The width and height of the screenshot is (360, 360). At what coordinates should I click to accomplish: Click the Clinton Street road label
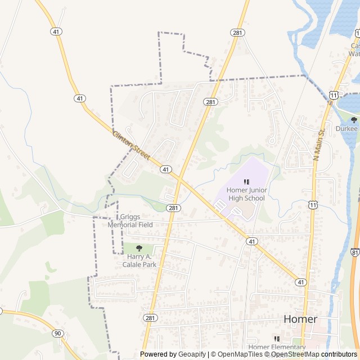(131, 145)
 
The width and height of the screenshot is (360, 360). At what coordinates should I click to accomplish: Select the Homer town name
(300, 319)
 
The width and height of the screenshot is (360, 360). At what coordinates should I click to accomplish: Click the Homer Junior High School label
(246, 194)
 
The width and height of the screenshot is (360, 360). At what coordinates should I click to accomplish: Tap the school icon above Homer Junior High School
(246, 182)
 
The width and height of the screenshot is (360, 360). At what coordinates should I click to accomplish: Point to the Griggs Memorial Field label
(130, 220)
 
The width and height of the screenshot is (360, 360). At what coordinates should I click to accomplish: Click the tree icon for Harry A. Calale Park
(139, 248)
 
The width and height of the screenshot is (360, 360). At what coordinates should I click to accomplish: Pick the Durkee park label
(346, 128)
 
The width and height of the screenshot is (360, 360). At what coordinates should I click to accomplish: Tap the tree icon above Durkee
(354, 119)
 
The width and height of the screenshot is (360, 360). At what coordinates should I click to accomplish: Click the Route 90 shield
(57, 333)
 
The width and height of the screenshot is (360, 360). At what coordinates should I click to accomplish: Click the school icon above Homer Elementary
(276, 339)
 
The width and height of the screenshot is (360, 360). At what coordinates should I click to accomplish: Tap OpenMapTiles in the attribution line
(236, 354)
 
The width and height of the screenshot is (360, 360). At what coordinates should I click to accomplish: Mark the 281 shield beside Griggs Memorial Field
(173, 208)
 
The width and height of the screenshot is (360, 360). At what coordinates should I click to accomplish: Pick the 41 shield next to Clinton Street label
(165, 169)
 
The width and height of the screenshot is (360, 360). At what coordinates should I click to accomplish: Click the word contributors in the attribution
(339, 354)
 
